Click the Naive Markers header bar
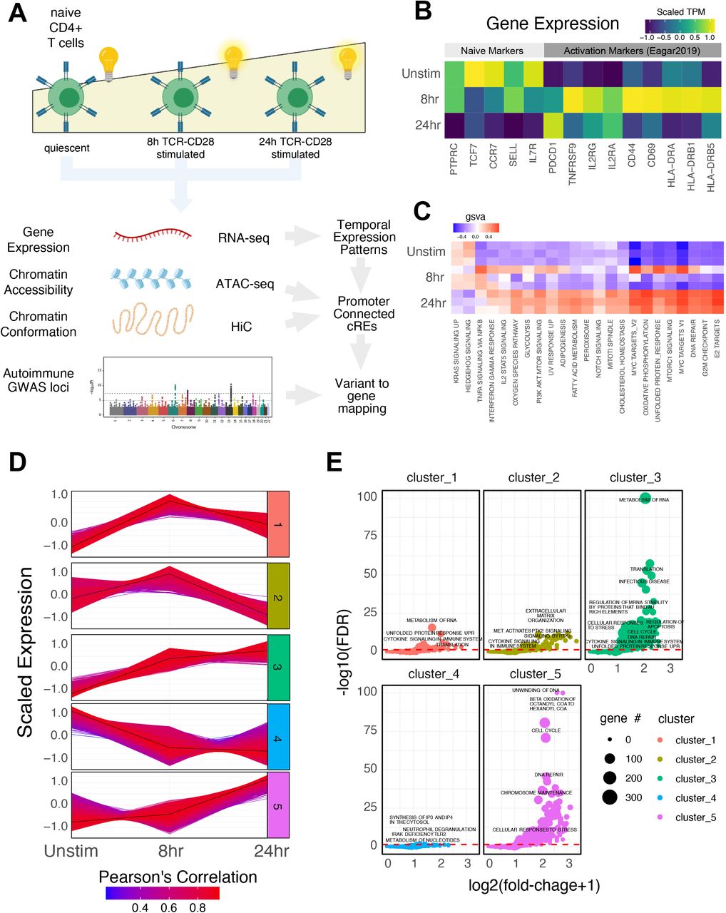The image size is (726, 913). [492, 51]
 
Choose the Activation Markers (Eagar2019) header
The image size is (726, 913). [632, 51]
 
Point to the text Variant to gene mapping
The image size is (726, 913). [362, 396]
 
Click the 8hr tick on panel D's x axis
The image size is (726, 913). [170, 851]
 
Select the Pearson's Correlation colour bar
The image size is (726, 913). [163, 892]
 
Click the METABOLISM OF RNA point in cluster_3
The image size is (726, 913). [646, 497]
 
